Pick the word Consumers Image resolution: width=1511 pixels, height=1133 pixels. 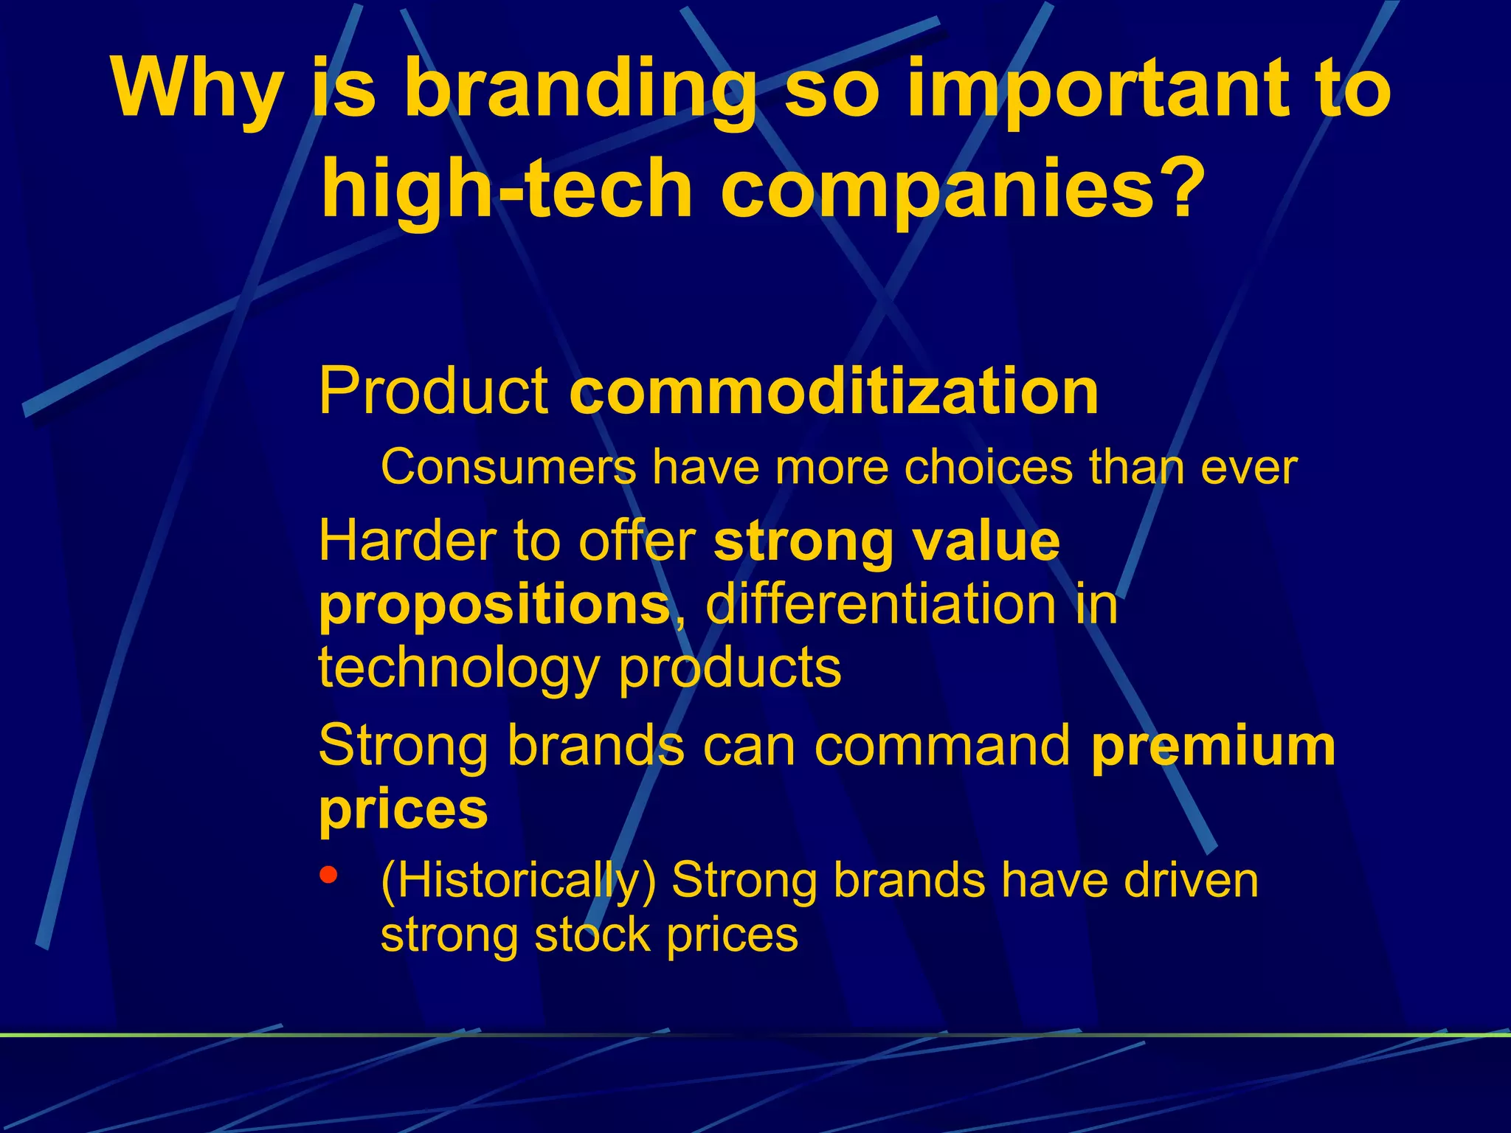pos(508,468)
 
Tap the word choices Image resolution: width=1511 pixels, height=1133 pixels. pos(988,468)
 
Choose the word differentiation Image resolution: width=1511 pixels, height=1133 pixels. pos(882,605)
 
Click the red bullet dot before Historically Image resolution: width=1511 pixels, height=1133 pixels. pos(329,876)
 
